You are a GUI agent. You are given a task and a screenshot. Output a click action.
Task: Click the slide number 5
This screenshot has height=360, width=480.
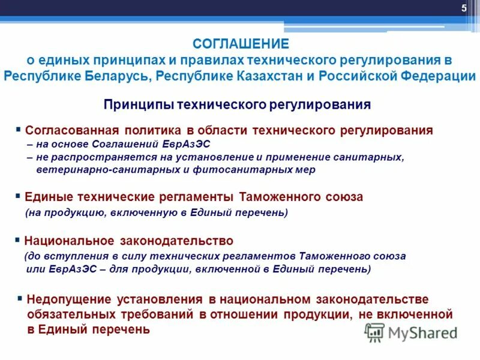point(464,8)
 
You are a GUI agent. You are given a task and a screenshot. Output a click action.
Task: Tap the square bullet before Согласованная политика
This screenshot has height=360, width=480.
point(19,129)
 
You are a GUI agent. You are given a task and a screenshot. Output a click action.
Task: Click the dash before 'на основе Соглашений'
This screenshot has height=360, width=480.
point(29,145)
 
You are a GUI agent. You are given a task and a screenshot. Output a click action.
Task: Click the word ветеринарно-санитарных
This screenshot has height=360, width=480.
point(101,170)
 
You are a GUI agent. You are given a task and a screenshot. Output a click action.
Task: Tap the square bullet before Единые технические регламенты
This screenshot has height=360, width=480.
point(19,196)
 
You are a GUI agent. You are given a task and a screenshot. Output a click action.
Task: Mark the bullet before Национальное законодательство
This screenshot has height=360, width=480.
point(18,240)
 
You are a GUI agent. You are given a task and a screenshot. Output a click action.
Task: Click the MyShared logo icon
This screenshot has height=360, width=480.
point(374,332)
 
